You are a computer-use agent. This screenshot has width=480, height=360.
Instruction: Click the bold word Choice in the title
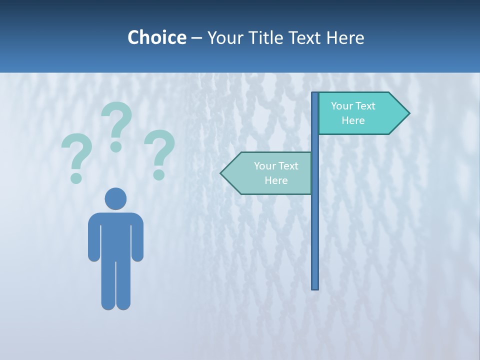[156, 37]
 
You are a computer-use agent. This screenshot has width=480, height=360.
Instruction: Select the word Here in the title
[345, 37]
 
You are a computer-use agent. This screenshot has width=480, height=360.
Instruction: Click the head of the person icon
[115, 198]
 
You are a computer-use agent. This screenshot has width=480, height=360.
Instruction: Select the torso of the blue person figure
[115, 235]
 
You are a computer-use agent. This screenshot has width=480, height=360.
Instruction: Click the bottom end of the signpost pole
[315, 287]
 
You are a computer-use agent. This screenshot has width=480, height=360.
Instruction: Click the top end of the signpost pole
[315, 94]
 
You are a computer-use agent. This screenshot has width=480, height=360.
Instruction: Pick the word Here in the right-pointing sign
[353, 120]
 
